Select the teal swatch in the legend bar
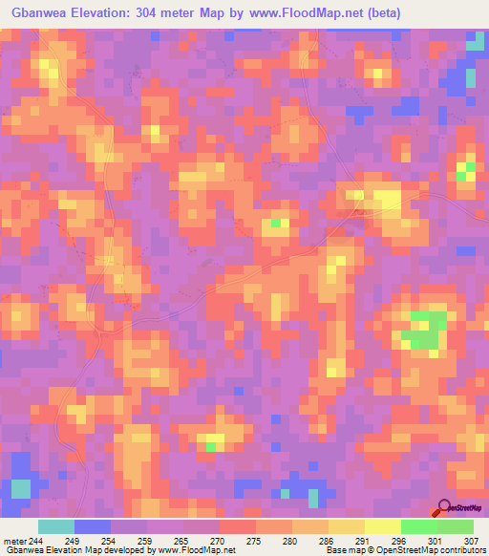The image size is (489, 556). [x=56, y=526]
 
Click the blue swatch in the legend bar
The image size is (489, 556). [x=93, y=526]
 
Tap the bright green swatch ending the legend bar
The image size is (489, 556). [x=456, y=526]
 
